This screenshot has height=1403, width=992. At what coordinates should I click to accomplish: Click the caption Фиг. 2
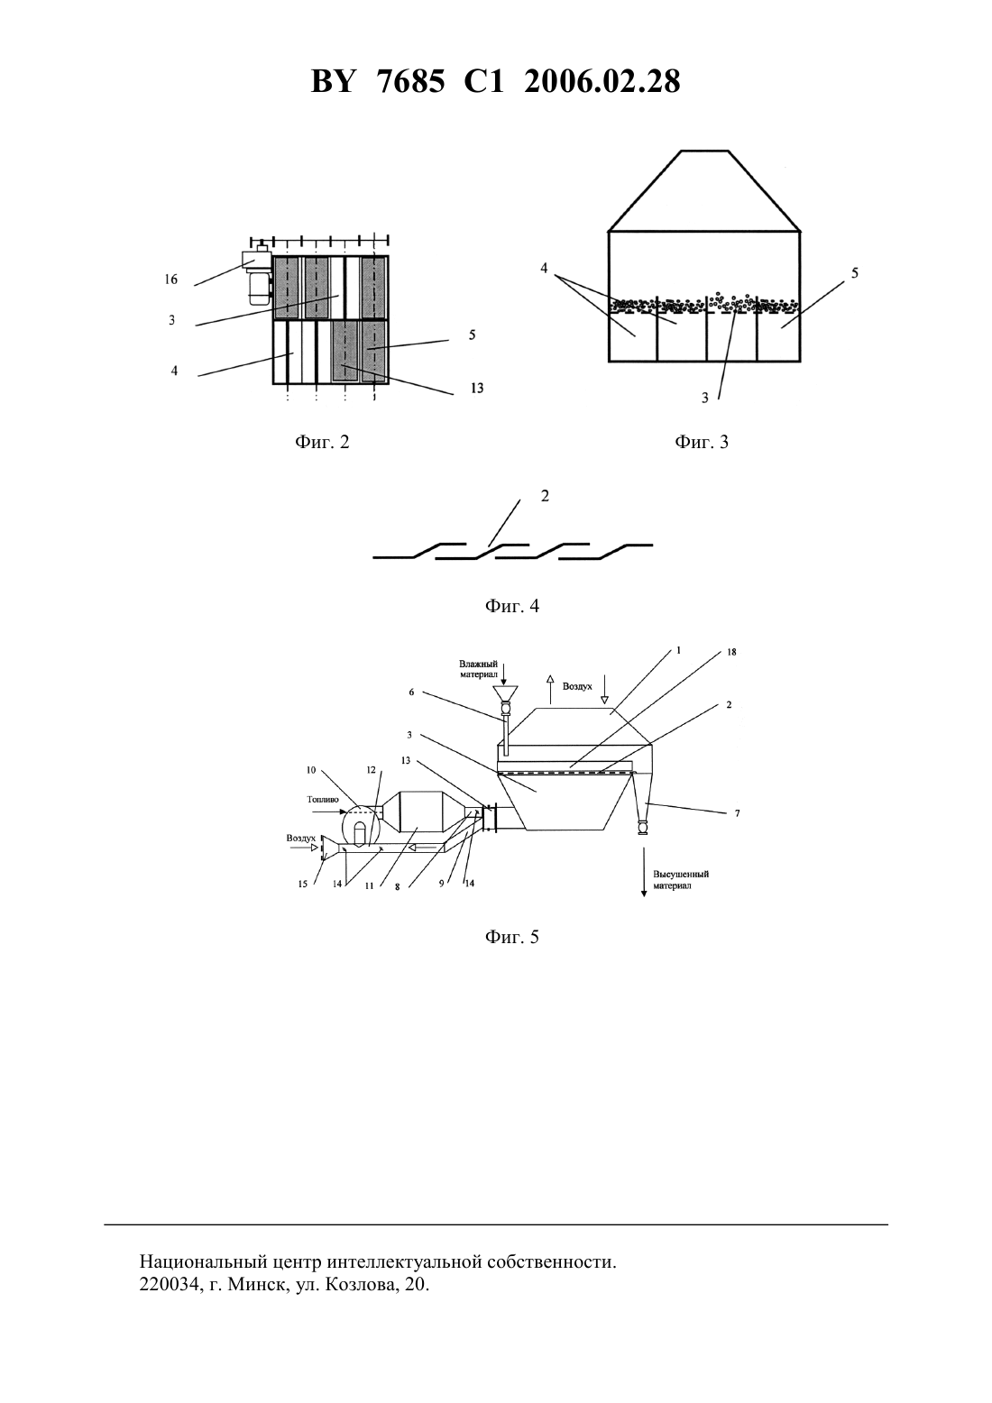(322, 442)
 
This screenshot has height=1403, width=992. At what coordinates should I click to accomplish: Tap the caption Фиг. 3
(702, 442)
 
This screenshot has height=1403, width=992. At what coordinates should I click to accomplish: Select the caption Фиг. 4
(511, 606)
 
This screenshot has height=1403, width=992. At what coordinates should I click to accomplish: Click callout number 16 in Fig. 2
(171, 280)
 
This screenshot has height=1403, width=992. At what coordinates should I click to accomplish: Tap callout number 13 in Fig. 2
(476, 388)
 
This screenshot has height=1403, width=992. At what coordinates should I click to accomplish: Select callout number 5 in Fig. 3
(854, 272)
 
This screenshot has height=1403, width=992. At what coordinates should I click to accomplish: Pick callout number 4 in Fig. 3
(544, 268)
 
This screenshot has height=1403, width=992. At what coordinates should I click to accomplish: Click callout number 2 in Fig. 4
(544, 495)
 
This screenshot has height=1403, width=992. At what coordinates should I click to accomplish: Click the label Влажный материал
(478, 669)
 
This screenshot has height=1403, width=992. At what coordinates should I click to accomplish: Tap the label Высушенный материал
(681, 880)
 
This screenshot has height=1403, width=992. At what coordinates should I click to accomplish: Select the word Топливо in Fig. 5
(323, 799)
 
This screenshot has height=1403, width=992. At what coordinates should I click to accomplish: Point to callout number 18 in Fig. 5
(731, 652)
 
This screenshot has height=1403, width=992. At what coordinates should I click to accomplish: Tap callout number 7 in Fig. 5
(737, 813)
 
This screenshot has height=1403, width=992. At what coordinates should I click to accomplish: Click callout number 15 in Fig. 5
(302, 885)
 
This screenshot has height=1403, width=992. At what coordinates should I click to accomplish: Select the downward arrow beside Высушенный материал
(643, 871)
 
